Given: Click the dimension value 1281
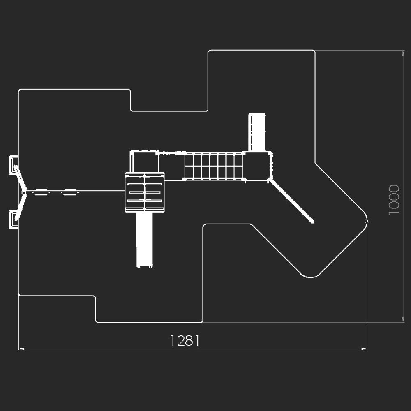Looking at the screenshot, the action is tap(185, 340).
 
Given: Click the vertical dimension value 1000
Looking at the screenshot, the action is tap(394, 200).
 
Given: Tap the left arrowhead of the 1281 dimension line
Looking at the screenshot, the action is tap(21, 349).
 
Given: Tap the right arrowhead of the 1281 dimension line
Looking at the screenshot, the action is tap(364, 349).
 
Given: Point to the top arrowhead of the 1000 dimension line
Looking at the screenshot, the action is tap(403, 53).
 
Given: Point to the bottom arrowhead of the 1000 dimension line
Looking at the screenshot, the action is tap(403, 319).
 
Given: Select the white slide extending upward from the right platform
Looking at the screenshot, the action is tap(256, 132).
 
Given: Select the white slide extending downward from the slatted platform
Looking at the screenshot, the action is tap(144, 240).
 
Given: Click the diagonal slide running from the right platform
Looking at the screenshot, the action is tap(291, 201).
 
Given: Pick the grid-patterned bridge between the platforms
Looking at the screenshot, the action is tap(214, 166).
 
